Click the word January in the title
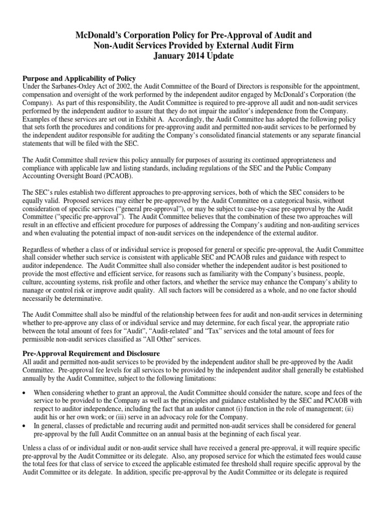164,56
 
